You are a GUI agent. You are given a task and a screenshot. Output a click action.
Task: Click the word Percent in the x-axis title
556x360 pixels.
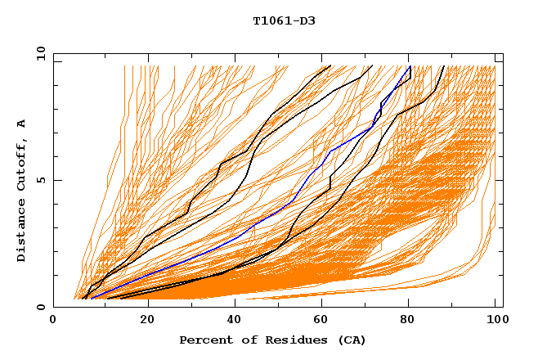point(204,340)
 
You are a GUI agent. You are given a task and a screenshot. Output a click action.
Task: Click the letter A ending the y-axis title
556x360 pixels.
point(21,123)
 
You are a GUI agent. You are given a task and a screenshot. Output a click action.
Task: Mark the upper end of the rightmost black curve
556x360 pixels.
point(443,66)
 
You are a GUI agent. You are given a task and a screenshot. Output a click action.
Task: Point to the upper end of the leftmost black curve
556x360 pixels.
point(330,66)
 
